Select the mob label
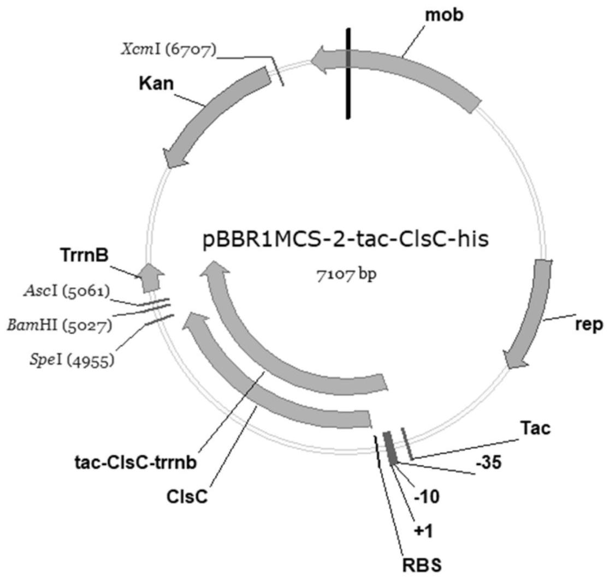(444, 15)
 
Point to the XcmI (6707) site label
(169, 50)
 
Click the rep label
(588, 324)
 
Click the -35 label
(488, 463)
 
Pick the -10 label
(429, 498)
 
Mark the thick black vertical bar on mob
(348, 74)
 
